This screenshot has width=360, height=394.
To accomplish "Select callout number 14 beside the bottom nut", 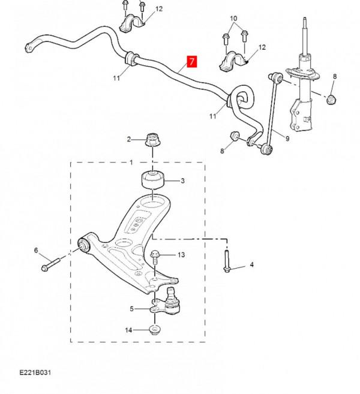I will click(x=128, y=330).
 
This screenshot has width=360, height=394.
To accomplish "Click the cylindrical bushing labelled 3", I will click(x=151, y=181).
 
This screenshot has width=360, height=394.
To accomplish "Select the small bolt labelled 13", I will click(x=155, y=257).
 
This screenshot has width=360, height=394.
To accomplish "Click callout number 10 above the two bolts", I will click(x=234, y=19).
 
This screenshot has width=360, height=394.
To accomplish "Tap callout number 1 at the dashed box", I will click(x=131, y=162).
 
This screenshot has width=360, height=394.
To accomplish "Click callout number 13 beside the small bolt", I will click(x=181, y=255).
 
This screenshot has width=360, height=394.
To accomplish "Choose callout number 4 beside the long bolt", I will click(x=252, y=264).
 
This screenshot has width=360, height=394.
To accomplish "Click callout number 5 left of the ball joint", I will click(x=133, y=309).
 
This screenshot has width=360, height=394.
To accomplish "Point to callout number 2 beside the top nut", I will click(x=128, y=140).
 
